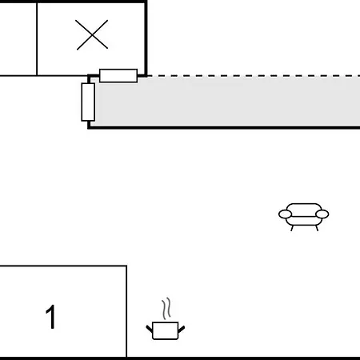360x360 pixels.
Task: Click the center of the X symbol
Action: coord(92,35)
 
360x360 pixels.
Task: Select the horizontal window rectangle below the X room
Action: coord(118,76)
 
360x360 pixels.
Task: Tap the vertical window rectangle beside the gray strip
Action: coord(88,102)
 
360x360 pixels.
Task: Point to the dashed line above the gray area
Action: coord(254,76)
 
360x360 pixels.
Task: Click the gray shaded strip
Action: coord(226,102)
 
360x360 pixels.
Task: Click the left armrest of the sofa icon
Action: coord(285,214)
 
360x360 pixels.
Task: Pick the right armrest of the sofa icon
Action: coord(322,214)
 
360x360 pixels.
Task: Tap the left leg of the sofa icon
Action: coord(292,228)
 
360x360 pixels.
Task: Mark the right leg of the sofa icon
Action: coord(317,228)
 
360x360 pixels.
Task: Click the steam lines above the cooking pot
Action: coord(166,309)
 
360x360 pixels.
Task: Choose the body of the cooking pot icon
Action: coord(166,330)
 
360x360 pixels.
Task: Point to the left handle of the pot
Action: coord(150,329)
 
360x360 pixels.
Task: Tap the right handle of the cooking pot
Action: coord(182,329)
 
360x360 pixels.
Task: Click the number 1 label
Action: coord(50,317)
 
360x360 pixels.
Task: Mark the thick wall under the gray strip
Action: coord(224,128)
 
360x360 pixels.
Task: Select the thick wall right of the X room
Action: coord(146,38)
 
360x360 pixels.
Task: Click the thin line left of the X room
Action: coord(37,38)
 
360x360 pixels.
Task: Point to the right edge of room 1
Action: coord(126,311)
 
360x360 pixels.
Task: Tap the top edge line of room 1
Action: coord(63,266)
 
